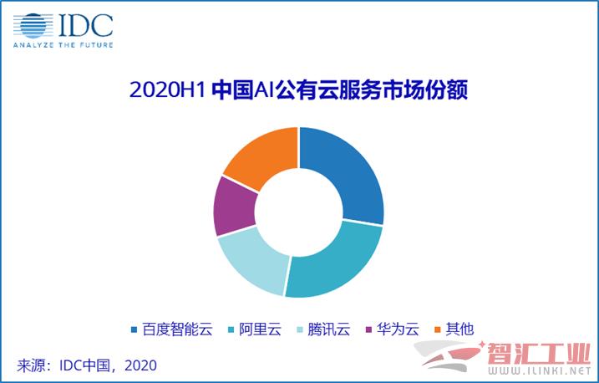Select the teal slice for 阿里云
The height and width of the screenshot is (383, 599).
coord(336,263)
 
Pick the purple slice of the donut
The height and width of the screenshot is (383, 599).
coord(234,207)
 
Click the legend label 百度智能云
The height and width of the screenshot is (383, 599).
coord(177,329)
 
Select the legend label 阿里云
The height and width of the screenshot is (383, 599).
coord(260,329)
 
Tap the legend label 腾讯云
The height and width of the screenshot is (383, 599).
coord(329,329)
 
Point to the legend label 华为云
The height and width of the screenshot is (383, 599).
coord(398,329)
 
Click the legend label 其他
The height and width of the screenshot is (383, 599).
coord(460,329)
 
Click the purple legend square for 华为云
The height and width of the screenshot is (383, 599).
coord(368,329)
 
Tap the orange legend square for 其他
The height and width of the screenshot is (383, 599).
coord(438,329)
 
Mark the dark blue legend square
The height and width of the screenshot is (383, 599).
coord(134,329)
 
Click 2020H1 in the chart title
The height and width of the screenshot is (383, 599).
coord(168,90)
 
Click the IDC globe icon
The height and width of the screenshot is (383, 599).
coord(33,26)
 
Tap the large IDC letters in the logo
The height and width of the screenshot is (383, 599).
coord(86,26)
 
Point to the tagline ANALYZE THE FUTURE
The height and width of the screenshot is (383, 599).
coord(63,45)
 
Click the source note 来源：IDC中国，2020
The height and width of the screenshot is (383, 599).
coord(87,365)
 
